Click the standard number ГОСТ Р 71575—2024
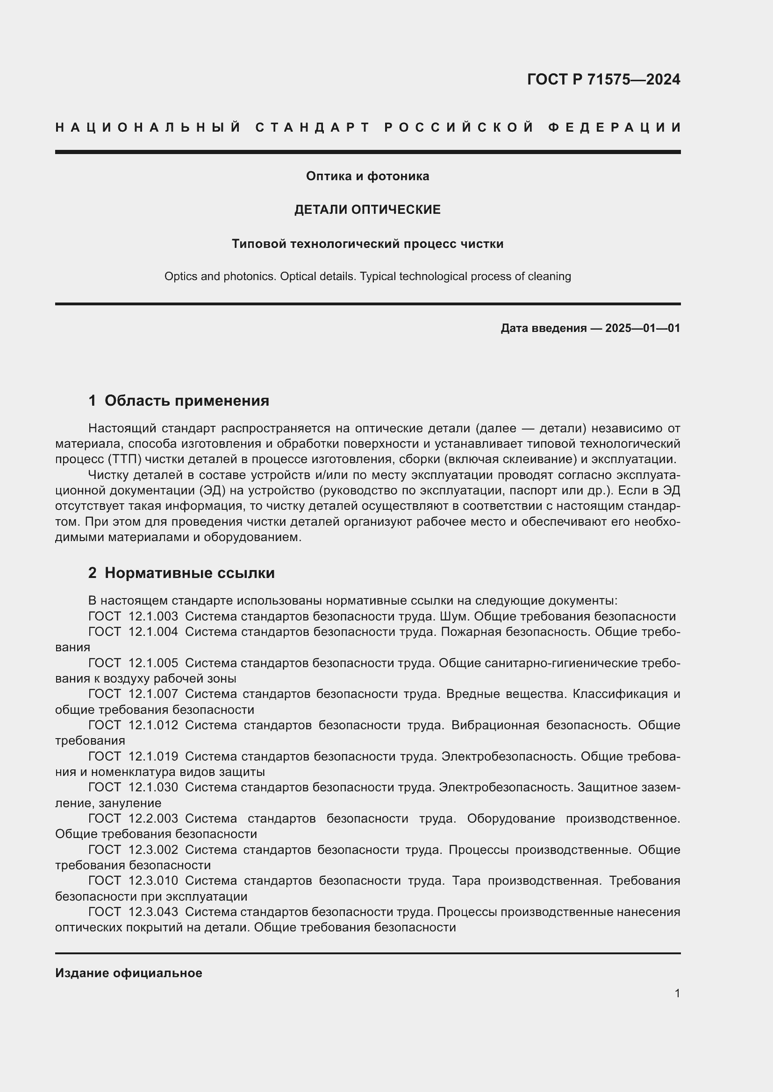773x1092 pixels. click(603, 79)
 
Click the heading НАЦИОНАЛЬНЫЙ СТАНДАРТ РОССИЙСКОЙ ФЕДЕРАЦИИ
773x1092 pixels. click(368, 127)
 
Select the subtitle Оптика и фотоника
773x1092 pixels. click(367, 176)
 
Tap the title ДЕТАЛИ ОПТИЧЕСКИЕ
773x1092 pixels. click(367, 210)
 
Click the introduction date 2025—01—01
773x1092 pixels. click(642, 328)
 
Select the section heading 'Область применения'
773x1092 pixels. click(186, 401)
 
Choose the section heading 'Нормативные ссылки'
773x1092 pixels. click(189, 573)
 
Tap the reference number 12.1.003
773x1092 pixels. click(153, 616)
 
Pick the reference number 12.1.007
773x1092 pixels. click(153, 694)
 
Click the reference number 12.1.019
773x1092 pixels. click(153, 756)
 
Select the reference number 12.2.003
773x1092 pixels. click(153, 818)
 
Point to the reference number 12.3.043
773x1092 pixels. click(153, 912)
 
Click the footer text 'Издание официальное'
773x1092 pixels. click(129, 973)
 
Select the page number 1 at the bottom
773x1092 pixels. click(677, 993)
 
